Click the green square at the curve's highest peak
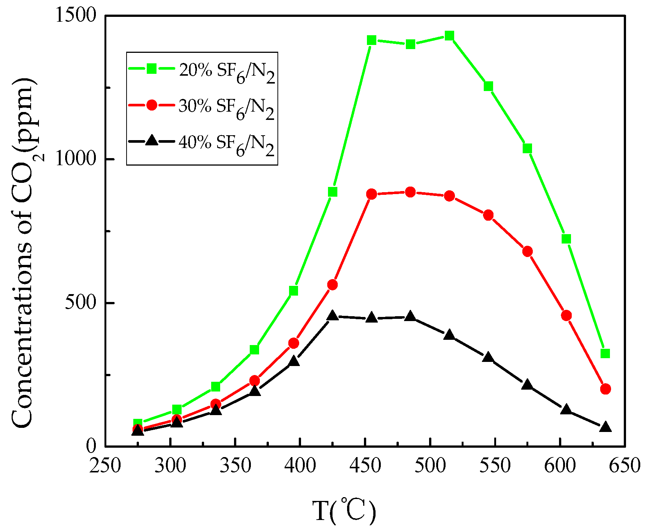pyautogui.click(x=450, y=36)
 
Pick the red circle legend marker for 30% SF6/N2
pyautogui.click(x=152, y=105)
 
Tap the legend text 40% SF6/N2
pyautogui.click(x=227, y=145)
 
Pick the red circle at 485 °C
pyautogui.click(x=410, y=192)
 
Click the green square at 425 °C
pyautogui.click(x=332, y=192)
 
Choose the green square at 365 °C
pyautogui.click(x=255, y=350)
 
